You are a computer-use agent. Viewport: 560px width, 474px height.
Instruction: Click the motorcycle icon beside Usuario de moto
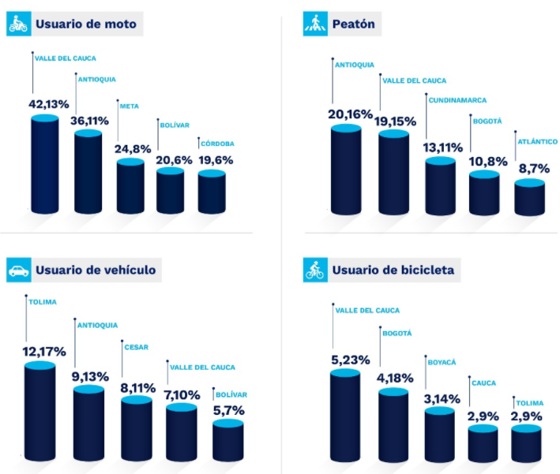pos(17,24)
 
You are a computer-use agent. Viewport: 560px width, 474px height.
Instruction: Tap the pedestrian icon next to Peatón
pos(314,24)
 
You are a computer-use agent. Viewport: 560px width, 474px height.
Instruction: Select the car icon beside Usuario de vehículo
pos(17,271)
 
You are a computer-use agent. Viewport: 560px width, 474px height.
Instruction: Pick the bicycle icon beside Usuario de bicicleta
pos(314,271)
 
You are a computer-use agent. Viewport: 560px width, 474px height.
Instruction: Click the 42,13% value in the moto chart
pos(49,104)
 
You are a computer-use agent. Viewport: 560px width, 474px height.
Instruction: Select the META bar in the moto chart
pos(130,187)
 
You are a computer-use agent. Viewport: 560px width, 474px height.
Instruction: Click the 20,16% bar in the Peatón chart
pos(345,170)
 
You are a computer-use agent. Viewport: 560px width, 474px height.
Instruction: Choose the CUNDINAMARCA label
pos(457,100)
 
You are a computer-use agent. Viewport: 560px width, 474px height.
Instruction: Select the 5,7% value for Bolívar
pos(229,410)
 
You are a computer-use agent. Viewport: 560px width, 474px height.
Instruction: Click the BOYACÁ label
pos(443,362)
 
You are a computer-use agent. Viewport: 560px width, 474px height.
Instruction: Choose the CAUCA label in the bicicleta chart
pos(483,383)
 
